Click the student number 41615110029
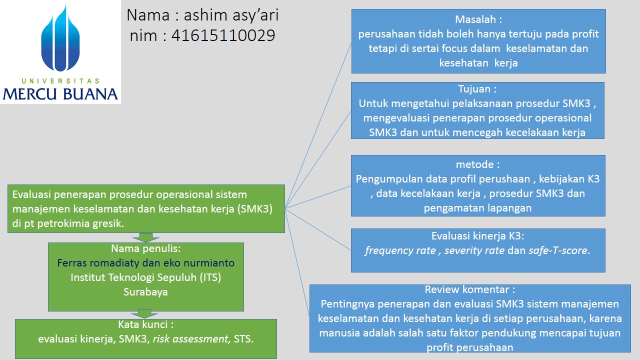click(x=223, y=35)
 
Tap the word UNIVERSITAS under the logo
click(x=60, y=80)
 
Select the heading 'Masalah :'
click(x=478, y=19)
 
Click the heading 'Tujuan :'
click(x=477, y=89)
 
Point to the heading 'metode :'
click(x=477, y=164)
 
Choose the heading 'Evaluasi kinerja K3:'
click(x=477, y=236)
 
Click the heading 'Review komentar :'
click(x=469, y=289)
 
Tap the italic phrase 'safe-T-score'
click(x=558, y=250)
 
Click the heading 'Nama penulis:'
click(x=145, y=248)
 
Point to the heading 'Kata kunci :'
click(x=145, y=324)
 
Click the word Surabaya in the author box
click(x=145, y=292)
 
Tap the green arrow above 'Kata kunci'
click(x=145, y=314)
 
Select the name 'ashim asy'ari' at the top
click(x=231, y=15)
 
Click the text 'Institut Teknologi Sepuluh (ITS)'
click(x=145, y=277)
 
